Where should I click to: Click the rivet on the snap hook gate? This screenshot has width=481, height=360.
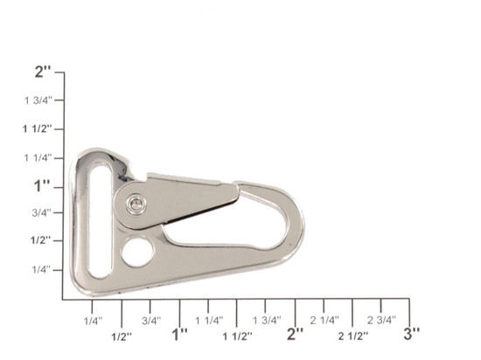[136, 204]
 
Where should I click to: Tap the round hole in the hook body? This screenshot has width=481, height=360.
[137, 252]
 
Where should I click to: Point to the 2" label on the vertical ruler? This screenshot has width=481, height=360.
[43, 72]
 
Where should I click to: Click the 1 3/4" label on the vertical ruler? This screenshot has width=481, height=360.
[38, 100]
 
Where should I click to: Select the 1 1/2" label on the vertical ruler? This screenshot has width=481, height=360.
[37, 128]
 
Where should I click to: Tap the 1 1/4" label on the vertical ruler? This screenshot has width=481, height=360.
[38, 158]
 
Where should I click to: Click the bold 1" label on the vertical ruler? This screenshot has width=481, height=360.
[42, 186]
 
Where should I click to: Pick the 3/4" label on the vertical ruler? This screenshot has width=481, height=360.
[42, 212]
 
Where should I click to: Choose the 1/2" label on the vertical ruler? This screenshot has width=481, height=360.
[41, 240]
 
